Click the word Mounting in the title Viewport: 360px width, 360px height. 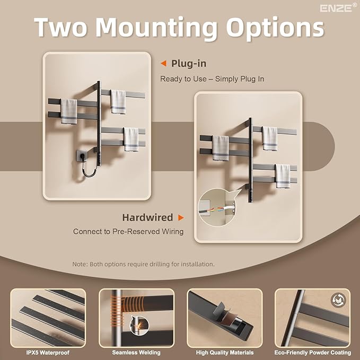point(156,28)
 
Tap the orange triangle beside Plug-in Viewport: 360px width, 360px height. point(163,64)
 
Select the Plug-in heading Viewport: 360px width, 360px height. point(189,64)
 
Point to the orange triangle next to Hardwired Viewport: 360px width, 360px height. point(181,217)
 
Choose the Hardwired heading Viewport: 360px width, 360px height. point(147,217)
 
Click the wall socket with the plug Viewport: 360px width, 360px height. point(82,155)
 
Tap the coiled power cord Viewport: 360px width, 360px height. point(89,168)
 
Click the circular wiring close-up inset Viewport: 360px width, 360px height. point(217,207)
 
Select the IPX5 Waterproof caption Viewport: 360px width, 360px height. point(48,353)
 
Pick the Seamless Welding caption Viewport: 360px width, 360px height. point(136,353)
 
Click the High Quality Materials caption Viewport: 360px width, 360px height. point(225,353)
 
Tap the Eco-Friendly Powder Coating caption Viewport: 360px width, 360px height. point(313,353)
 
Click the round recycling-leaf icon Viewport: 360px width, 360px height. point(338,300)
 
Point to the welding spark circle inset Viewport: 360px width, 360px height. point(139,325)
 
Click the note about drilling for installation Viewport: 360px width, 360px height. point(144,264)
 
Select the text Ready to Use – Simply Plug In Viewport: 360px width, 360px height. point(212,79)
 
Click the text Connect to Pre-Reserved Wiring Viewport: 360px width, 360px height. point(128,231)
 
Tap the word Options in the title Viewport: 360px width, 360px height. point(275,28)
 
